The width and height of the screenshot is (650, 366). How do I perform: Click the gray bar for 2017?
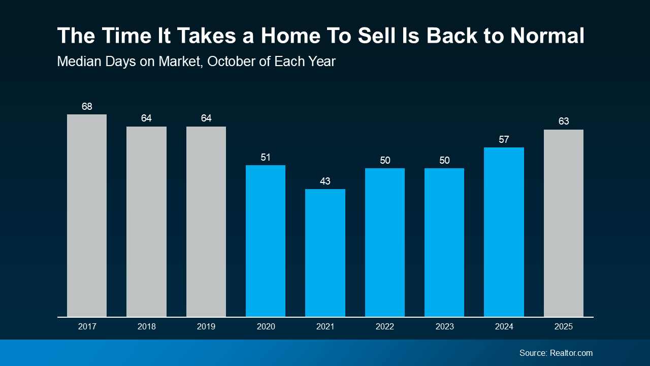pyautogui.click(x=87, y=216)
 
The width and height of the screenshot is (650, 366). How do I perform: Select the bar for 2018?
pyautogui.click(x=146, y=222)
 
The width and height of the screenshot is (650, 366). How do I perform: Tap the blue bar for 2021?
pyautogui.click(x=325, y=253)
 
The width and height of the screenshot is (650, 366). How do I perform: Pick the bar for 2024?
pyautogui.click(x=504, y=232)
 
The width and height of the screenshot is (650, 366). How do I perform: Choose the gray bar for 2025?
pyautogui.click(x=563, y=223)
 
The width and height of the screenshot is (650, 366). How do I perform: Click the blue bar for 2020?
pyautogui.click(x=266, y=241)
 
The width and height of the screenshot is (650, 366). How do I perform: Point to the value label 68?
pyautogui.click(x=87, y=106)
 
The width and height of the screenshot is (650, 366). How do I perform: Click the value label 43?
pyautogui.click(x=325, y=181)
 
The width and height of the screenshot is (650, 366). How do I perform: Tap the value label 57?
pyautogui.click(x=504, y=139)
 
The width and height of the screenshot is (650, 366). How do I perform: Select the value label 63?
pyautogui.click(x=563, y=121)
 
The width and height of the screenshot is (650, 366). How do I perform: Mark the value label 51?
pyautogui.click(x=266, y=157)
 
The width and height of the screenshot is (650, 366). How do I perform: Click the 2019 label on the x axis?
pyautogui.click(x=206, y=327)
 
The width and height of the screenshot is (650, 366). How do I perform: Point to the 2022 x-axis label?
pyautogui.click(x=384, y=327)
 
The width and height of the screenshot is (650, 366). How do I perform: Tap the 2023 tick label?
pyautogui.click(x=444, y=327)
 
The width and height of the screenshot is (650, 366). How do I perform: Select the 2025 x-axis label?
pyautogui.click(x=563, y=327)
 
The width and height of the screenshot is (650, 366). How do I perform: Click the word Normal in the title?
pyautogui.click(x=547, y=36)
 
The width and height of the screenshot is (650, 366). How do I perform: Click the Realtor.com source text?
pyautogui.click(x=571, y=353)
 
